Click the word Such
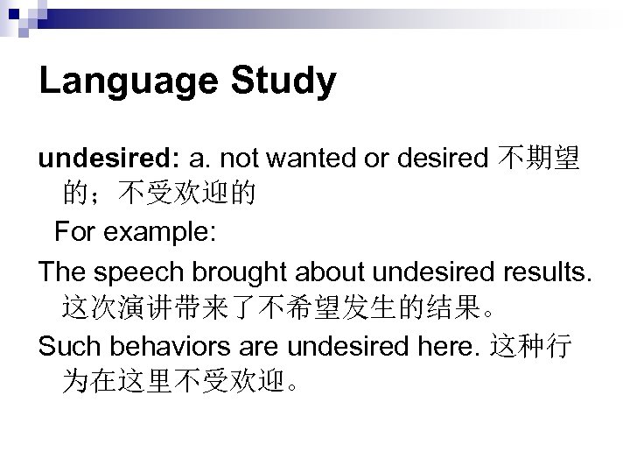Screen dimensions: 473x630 (x=67, y=347)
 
